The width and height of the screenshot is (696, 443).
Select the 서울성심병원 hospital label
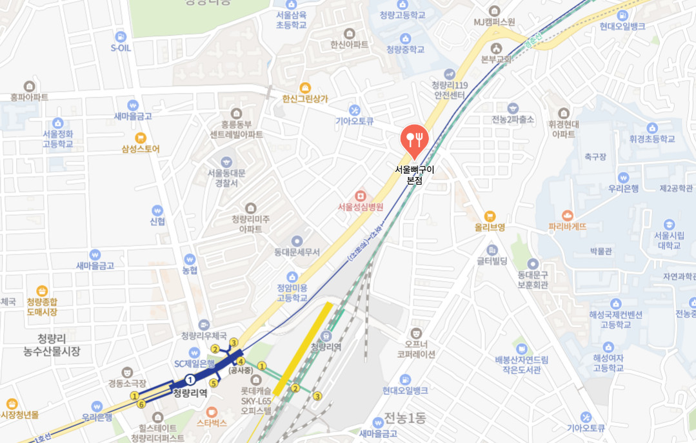[x=361, y=207]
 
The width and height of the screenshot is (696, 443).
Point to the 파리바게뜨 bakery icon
[x=568, y=215]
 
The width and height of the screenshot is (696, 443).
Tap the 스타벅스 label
[x=212, y=423]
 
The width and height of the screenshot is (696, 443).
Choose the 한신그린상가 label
[x=305, y=99]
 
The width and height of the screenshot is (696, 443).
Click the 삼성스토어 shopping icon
[x=140, y=138]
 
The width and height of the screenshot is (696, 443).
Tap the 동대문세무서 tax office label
[x=297, y=251]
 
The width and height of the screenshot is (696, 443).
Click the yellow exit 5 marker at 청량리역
[x=214, y=382]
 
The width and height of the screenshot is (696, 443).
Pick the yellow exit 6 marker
[x=141, y=404]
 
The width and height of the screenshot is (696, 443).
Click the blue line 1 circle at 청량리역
[x=190, y=380]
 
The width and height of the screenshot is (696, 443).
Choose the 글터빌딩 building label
[x=492, y=261]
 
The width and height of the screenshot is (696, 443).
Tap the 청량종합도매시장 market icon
[x=43, y=291]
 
